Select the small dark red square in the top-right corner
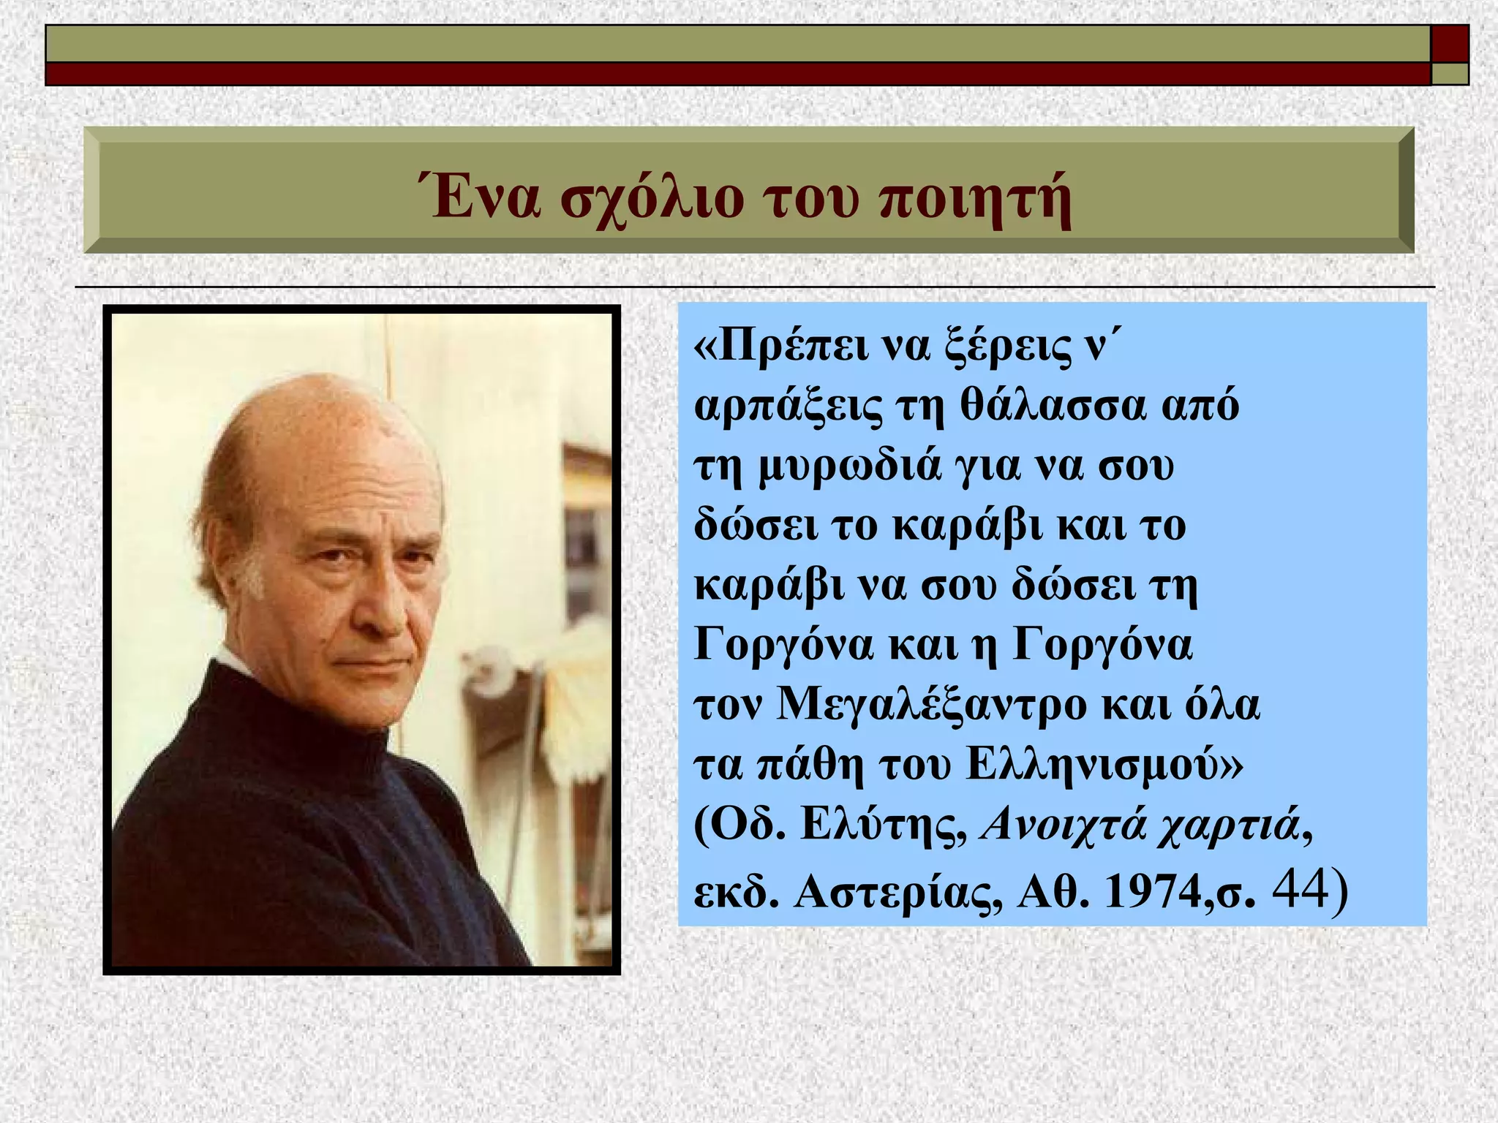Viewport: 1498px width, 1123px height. point(1450,44)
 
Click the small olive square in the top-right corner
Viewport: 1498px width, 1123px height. point(1450,74)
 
